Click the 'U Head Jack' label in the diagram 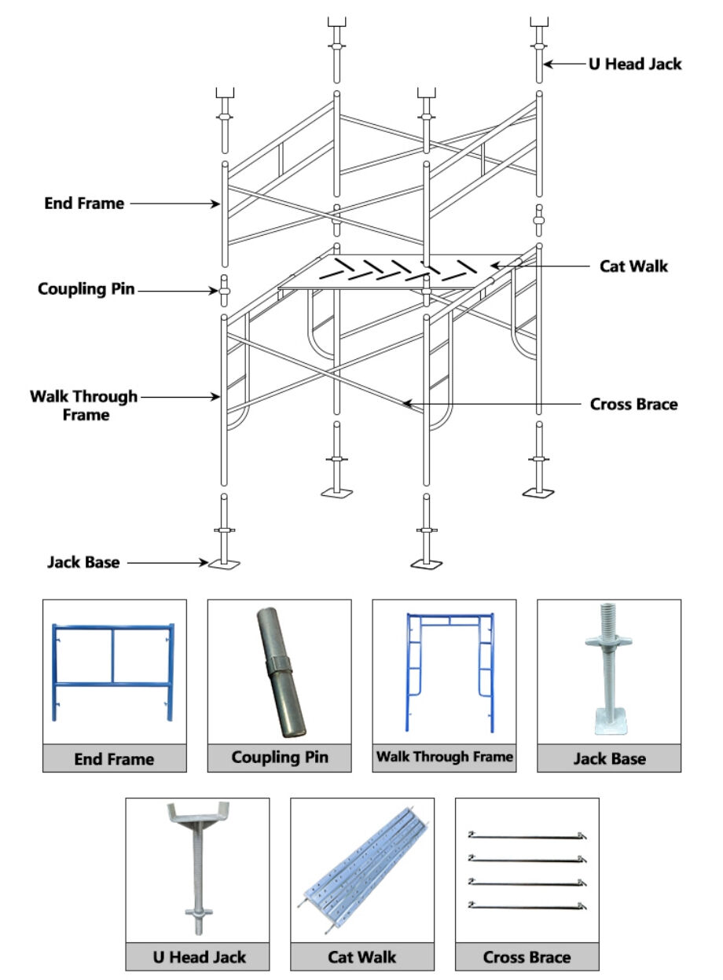635,64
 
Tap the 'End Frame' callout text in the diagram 84,204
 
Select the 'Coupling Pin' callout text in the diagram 86,289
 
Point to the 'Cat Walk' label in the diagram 633,266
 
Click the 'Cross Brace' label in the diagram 633,405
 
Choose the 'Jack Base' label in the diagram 83,563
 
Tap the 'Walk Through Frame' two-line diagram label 83,406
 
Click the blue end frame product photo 114,672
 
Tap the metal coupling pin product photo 280,672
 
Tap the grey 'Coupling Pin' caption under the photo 280,758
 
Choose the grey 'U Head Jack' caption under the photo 198,957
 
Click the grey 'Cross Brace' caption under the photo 527,957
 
